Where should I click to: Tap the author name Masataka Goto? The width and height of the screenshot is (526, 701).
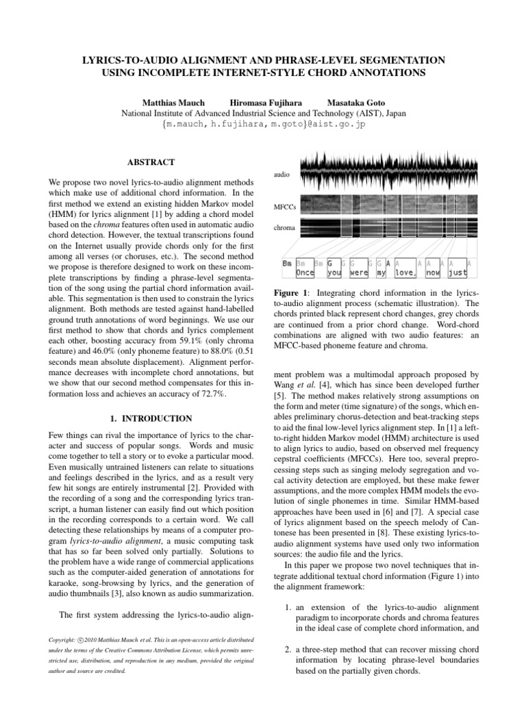[353, 101]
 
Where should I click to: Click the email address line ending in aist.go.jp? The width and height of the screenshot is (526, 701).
[264, 126]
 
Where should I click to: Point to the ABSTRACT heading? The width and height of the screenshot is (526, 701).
[151, 162]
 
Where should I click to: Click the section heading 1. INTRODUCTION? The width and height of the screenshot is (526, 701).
[151, 417]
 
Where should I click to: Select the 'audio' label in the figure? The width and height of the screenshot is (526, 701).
[282, 175]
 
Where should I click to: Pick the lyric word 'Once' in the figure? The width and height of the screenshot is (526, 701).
[305, 272]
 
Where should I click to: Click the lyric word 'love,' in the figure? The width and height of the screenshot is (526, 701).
[406, 272]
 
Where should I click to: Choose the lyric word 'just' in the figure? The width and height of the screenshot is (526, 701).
[458, 272]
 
